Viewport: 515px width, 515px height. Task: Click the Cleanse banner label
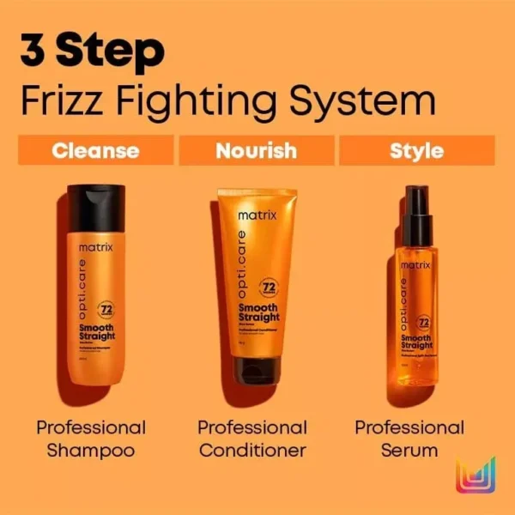pos(95,151)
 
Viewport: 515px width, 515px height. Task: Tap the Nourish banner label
pos(256,151)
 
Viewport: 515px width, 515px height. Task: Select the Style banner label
pos(416,151)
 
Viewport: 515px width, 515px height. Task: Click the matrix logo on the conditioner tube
pos(257,215)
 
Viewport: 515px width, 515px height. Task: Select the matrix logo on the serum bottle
pos(415,265)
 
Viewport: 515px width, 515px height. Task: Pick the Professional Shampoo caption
pos(91,438)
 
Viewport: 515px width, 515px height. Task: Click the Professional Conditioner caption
pos(252,438)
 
